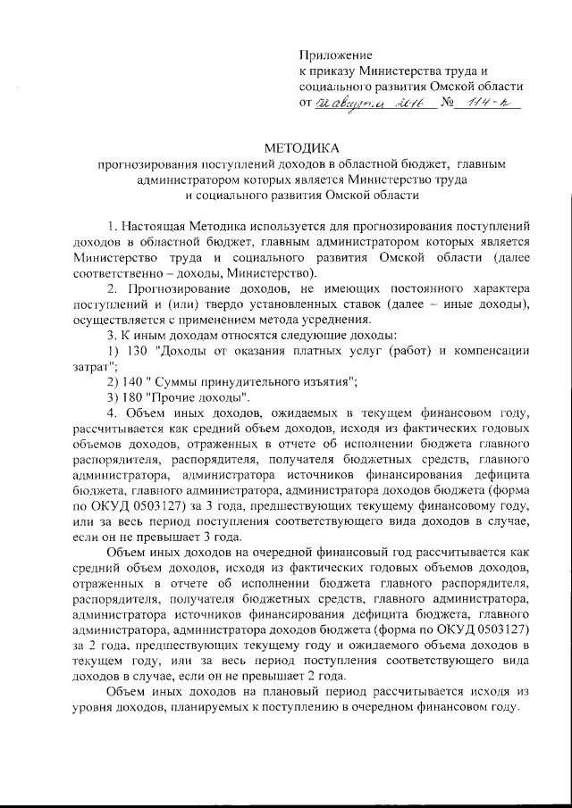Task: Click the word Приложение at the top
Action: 335,55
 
